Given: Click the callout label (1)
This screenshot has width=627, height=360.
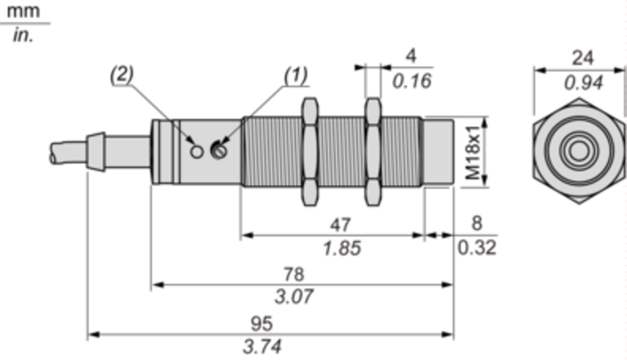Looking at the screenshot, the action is click(296, 75).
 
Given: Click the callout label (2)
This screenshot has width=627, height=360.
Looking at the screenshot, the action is click(122, 75).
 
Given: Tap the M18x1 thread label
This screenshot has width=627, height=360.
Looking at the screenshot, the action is click(473, 152).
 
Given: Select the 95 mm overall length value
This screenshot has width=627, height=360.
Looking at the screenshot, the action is click(262, 323).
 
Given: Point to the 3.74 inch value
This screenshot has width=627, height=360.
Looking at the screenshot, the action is click(263, 347).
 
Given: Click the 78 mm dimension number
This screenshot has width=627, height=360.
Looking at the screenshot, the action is click(294, 275).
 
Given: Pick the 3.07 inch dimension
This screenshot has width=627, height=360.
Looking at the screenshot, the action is click(294, 296).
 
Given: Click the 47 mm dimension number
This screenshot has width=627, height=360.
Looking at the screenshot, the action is click(340, 225).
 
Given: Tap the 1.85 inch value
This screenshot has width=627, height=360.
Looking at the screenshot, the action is click(342, 248).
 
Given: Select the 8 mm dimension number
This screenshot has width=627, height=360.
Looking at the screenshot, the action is click(477, 224).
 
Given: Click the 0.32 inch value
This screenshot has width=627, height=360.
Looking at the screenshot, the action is click(477, 248).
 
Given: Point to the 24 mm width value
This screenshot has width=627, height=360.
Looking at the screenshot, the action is click(582, 58).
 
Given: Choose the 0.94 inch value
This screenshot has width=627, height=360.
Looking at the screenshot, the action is click(583, 83).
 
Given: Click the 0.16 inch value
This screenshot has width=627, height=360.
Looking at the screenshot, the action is click(412, 82).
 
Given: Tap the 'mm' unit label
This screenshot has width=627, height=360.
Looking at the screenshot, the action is click(24, 12).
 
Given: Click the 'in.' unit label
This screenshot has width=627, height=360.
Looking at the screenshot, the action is click(23, 35).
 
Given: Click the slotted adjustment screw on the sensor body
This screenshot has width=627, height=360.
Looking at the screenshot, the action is click(219, 151).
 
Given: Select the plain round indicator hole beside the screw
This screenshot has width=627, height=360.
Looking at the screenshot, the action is click(197, 151).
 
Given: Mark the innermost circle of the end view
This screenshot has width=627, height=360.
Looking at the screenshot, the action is click(578, 151).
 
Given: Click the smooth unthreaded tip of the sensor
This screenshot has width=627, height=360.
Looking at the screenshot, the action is click(438, 152).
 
